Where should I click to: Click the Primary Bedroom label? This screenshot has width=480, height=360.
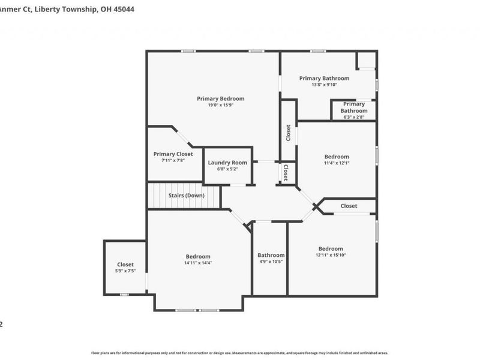221,98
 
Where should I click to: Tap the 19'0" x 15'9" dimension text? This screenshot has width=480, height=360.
221,106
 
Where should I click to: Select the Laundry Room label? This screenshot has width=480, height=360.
227,163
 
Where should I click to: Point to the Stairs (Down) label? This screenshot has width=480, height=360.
186,196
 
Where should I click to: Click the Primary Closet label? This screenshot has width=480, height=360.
173,154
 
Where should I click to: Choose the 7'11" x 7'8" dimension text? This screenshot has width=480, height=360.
173,161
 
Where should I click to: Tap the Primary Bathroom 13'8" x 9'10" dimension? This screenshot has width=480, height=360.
324,85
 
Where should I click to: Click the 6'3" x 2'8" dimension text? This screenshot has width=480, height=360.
354,117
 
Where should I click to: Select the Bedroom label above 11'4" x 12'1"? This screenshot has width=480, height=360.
337,157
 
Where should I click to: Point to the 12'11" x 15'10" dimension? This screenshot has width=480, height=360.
331,256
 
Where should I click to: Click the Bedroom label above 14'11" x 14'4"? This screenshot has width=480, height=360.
198,256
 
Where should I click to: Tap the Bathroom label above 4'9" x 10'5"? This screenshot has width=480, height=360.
271,255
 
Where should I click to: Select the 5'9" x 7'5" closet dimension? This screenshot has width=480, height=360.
125,271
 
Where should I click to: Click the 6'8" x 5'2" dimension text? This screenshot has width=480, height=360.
227,169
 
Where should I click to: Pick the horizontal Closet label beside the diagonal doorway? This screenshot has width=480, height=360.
349,206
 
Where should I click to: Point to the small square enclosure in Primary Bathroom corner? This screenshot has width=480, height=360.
365,60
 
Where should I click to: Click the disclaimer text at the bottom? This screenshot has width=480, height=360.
240,353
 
